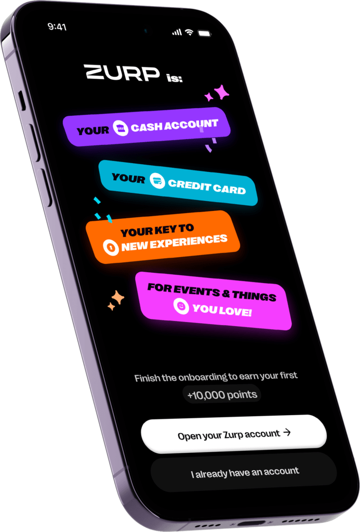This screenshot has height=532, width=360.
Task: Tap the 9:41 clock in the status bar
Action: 57,27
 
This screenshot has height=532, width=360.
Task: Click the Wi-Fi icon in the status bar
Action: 189,32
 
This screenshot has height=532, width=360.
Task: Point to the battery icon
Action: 204,33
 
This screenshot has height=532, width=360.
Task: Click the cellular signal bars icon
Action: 177,32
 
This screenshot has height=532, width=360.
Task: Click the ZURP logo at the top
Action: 122,72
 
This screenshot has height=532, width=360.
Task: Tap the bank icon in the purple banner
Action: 121,128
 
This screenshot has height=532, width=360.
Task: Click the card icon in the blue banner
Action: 157,181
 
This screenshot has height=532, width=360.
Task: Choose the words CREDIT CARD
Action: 207,187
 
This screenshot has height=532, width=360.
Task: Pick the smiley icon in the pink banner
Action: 181,306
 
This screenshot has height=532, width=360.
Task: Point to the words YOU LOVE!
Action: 222,310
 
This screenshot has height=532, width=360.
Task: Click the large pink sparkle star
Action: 222,91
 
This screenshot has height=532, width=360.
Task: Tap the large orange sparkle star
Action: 118,298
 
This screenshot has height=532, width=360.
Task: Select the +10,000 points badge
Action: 222,394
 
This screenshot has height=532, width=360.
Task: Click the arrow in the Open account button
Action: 287,432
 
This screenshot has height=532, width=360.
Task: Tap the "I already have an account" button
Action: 244,472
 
